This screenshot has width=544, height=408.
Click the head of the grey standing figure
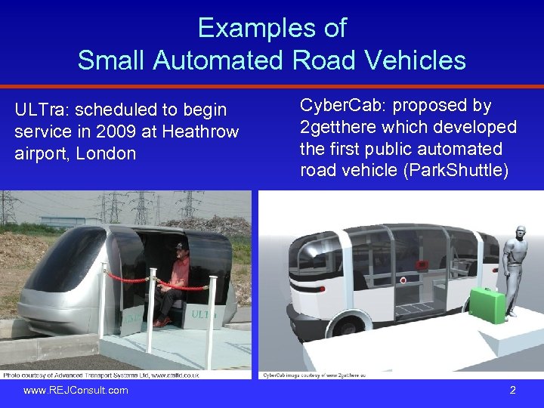click(x=521, y=232)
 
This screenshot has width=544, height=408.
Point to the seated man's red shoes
click(x=161, y=321)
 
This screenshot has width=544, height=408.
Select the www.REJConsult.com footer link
click(x=76, y=391)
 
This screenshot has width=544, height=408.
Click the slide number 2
click(x=512, y=391)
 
